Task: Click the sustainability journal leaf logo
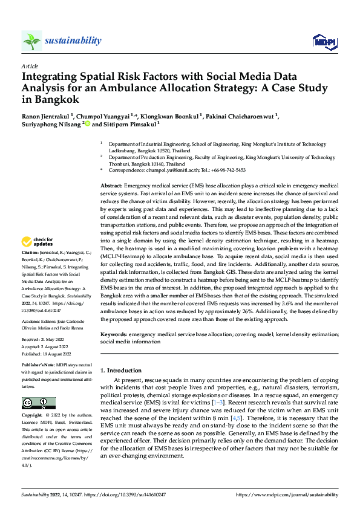pyautogui.click(x=31, y=41)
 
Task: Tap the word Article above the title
pyautogui.click(x=29, y=66)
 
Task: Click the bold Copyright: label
pyautogui.click(x=33, y=415)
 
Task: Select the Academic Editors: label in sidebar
pyautogui.click(x=41, y=320)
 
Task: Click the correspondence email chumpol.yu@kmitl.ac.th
pyautogui.click(x=168, y=170)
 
